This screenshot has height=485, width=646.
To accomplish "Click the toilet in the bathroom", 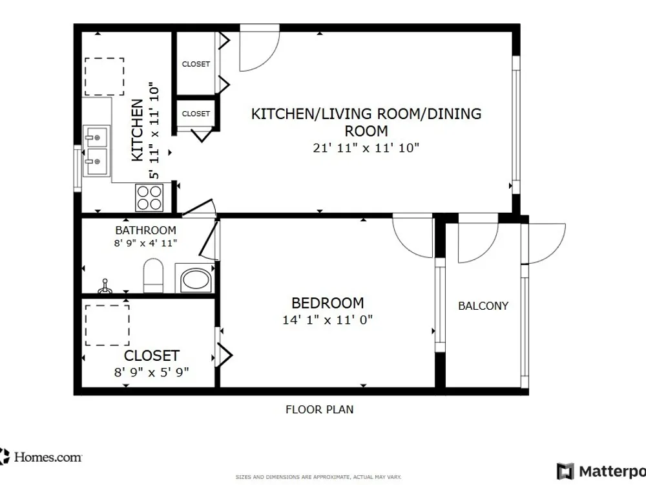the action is coord(153,275).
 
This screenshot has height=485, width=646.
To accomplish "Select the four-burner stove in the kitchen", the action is coord(149,197).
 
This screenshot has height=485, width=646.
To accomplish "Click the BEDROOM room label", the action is coord(328,303).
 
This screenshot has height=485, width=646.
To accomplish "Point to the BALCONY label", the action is coord(483,306).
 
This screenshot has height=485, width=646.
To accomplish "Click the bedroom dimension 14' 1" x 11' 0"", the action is coord(328,319).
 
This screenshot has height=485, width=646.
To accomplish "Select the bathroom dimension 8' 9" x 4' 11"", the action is coord(145,243).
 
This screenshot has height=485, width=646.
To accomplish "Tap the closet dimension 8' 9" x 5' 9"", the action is coord(151,372).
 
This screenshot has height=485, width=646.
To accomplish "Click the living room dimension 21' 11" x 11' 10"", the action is coord(366,147).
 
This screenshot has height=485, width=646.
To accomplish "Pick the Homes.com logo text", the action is coord(48,457).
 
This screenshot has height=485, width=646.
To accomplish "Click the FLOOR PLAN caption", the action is coord(319,409).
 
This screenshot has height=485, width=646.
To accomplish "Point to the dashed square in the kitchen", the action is coord(104,77).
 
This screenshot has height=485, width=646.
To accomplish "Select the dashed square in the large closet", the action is coord(107,325).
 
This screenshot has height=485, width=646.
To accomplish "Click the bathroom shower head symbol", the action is coord(105,286).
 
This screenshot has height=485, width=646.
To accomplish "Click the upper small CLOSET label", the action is coord(196,64).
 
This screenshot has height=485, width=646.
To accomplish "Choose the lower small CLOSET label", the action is coord(196,113).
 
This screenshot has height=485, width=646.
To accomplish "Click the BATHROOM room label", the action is coord(145,230).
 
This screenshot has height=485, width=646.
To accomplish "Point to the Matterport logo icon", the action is coord(565,471).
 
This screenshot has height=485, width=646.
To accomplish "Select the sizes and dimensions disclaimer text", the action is coord(318,477).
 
